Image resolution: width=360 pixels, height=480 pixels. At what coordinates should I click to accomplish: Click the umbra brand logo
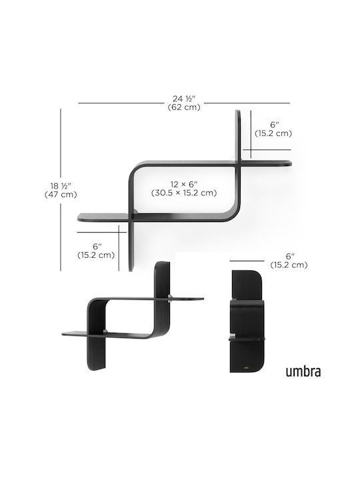pyautogui.click(x=303, y=371)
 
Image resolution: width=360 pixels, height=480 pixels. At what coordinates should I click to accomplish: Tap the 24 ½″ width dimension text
pyautogui.click(x=184, y=99)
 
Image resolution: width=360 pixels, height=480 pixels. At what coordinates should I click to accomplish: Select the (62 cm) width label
pyautogui.click(x=184, y=107)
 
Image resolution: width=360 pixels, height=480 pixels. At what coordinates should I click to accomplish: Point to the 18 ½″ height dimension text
pyautogui.click(x=61, y=186)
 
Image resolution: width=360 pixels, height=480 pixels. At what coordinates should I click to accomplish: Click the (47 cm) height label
pyautogui.click(x=61, y=195)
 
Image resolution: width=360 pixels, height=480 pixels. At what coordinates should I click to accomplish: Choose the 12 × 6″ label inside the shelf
pyautogui.click(x=184, y=184)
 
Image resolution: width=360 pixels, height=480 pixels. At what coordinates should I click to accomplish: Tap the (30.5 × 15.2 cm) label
pyautogui.click(x=184, y=193)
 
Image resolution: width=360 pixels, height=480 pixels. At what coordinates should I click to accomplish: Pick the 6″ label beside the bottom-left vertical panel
pyautogui.click(x=97, y=246)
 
